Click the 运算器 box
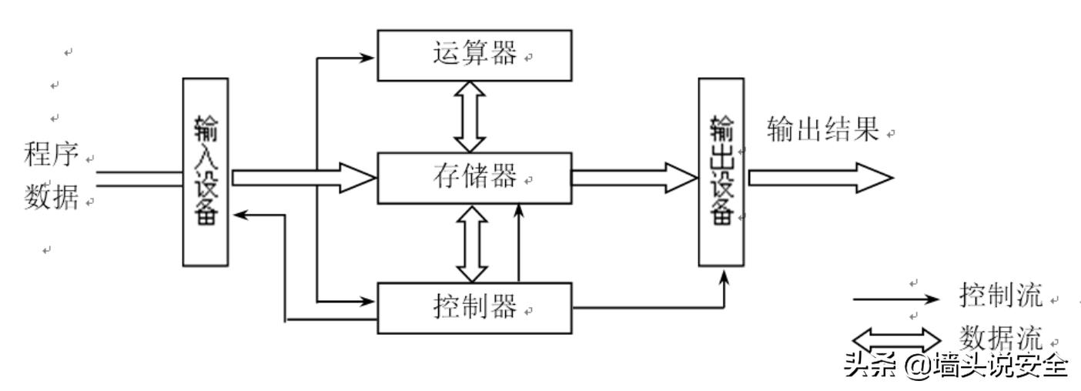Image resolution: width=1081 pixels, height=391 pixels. [x=474, y=55]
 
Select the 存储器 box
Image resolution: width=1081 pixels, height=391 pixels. [x=474, y=179]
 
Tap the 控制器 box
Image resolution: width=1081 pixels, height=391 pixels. [x=474, y=308]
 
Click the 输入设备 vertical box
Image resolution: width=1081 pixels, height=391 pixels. [x=206, y=171]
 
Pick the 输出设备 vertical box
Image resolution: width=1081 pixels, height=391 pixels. [x=721, y=171]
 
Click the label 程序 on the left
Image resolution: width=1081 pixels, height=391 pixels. [x=52, y=155]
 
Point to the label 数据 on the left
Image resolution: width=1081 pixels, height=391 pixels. [x=52, y=199]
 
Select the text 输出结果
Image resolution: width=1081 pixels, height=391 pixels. [x=823, y=131]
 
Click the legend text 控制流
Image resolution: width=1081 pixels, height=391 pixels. [x=1001, y=294]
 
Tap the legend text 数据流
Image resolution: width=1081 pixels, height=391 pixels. [x=1001, y=337]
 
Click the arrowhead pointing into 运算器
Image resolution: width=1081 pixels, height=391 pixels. [x=368, y=55]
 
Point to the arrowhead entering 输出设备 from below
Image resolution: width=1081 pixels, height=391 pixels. [x=724, y=275]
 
